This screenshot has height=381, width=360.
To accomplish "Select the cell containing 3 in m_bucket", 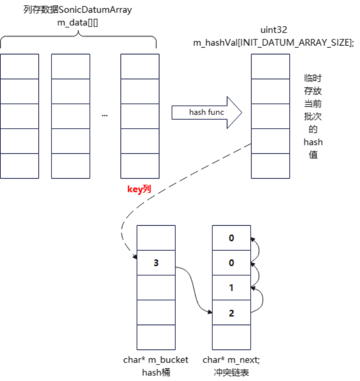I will click(156, 263).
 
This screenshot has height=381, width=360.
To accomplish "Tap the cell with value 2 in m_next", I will click(231, 313).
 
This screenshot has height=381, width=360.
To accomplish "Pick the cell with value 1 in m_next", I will click(231, 288).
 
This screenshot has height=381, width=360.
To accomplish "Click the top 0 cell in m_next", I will click(231, 238).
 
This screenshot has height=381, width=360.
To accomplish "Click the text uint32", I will click(274, 30).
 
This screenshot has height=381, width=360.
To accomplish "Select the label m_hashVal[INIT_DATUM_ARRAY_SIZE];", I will click(274, 43).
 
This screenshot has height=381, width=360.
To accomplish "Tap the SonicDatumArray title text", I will click(77, 10).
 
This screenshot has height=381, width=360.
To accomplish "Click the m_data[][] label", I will click(77, 22).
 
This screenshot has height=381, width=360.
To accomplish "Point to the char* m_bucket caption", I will click(156, 360).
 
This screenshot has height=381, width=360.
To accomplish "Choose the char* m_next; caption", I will click(231, 360).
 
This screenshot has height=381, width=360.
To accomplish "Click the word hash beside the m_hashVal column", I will click(313, 142).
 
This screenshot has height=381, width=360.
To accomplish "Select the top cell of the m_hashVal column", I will click(270, 66).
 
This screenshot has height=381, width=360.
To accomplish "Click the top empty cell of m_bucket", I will click(156, 238).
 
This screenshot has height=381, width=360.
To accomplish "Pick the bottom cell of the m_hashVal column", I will click(270, 166).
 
